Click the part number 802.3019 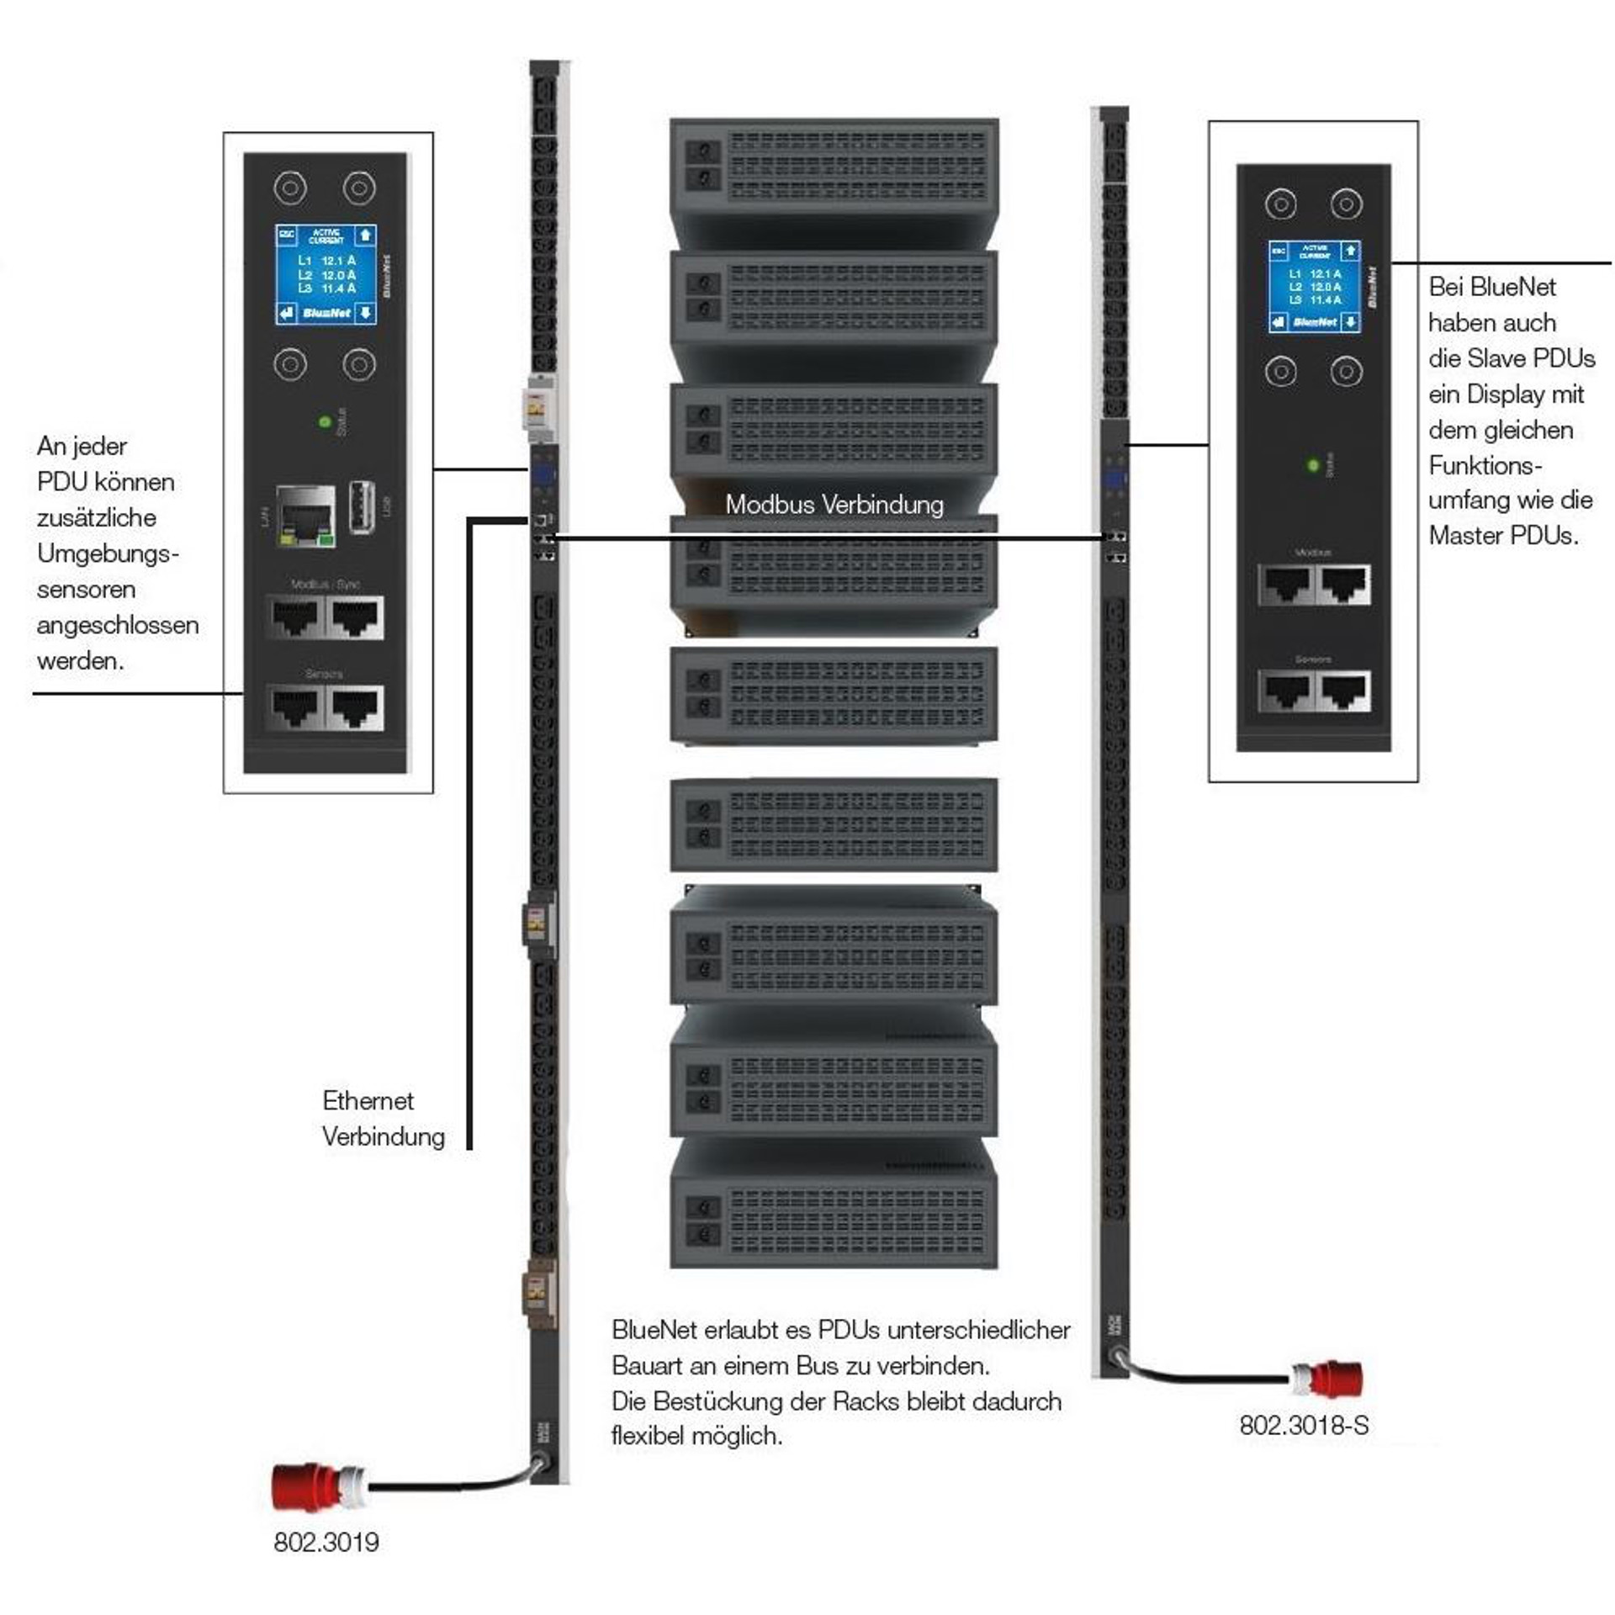point(326,1542)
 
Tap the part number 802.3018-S point(1304,1425)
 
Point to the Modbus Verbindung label point(834,505)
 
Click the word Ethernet point(368,1100)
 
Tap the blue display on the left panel point(326,274)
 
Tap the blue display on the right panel point(1314,286)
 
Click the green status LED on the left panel point(325,421)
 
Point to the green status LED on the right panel point(1312,464)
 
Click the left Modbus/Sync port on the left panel point(296,617)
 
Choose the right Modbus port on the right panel point(1343,584)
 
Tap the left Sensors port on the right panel point(1284,691)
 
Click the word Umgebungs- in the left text point(108,553)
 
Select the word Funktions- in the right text point(1485,465)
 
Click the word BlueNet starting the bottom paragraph point(654,1330)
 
